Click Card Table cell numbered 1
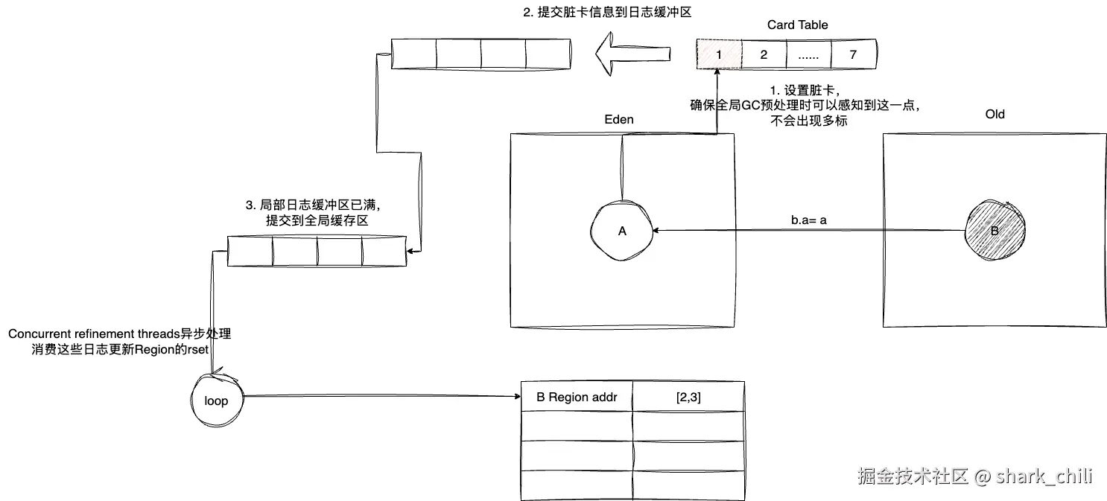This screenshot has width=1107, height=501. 719,54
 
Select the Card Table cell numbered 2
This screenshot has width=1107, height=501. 764,54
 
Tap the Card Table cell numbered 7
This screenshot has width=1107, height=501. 853,54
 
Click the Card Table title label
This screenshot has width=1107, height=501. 797,25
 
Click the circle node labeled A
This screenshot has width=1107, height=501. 623,231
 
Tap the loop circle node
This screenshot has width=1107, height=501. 216,401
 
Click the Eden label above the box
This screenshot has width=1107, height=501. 620,118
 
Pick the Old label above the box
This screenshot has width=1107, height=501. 995,114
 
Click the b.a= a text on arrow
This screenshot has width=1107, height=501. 809,220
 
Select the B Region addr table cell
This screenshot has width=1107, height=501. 576,397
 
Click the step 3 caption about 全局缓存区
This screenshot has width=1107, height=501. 317,213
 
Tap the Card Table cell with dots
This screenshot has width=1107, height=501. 808,54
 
